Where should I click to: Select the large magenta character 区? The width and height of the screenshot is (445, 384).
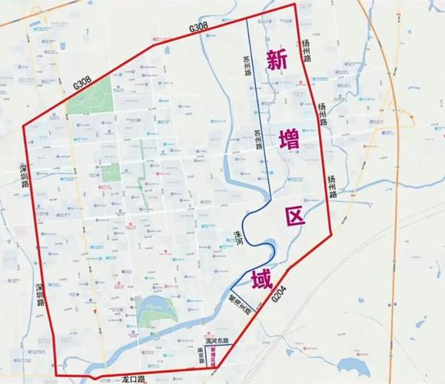pyautogui.click(x=294, y=215)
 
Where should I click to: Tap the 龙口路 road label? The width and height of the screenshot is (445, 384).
pyautogui.click(x=133, y=379)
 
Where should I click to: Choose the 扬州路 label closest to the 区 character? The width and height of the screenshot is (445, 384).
pyautogui.click(x=333, y=183)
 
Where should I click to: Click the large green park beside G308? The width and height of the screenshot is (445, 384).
pyautogui.click(x=88, y=99)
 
